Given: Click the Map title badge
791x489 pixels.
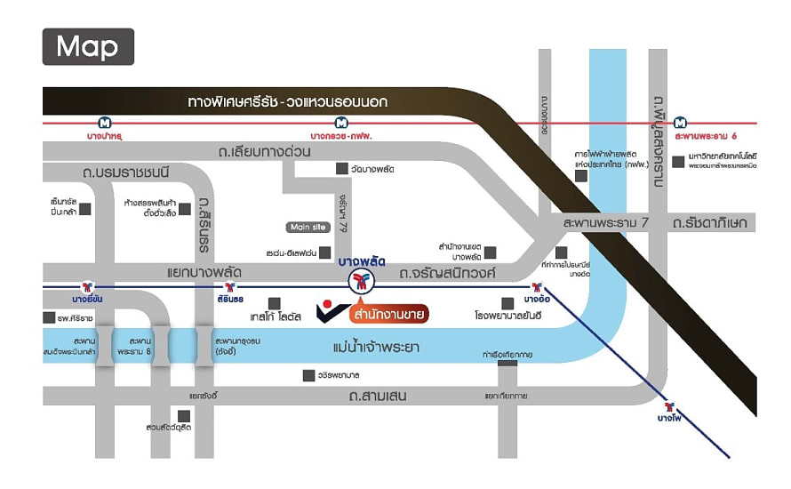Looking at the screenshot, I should click(x=88, y=46).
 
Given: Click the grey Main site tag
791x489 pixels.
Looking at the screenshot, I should click(x=308, y=227).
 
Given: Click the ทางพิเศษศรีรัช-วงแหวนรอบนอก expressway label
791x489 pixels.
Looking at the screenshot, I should click(x=288, y=101).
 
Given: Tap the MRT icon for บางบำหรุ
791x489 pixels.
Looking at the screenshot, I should click(x=104, y=122).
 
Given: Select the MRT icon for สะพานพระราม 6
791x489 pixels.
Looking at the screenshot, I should click(x=680, y=122).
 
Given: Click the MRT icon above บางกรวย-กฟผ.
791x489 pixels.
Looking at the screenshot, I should click(x=340, y=122).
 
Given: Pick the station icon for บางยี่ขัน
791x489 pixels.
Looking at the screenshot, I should click(x=87, y=286).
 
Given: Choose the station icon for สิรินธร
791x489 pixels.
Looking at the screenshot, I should click(x=230, y=286).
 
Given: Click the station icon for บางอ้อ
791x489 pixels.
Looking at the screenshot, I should click(x=537, y=286).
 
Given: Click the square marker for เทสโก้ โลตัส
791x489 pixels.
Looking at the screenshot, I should click(x=275, y=303).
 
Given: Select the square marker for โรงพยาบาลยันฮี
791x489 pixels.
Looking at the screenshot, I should click(x=507, y=303).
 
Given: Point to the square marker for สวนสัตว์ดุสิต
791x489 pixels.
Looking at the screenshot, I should click(x=184, y=415).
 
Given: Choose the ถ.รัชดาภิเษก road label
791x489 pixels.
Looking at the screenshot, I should click(x=711, y=221).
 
